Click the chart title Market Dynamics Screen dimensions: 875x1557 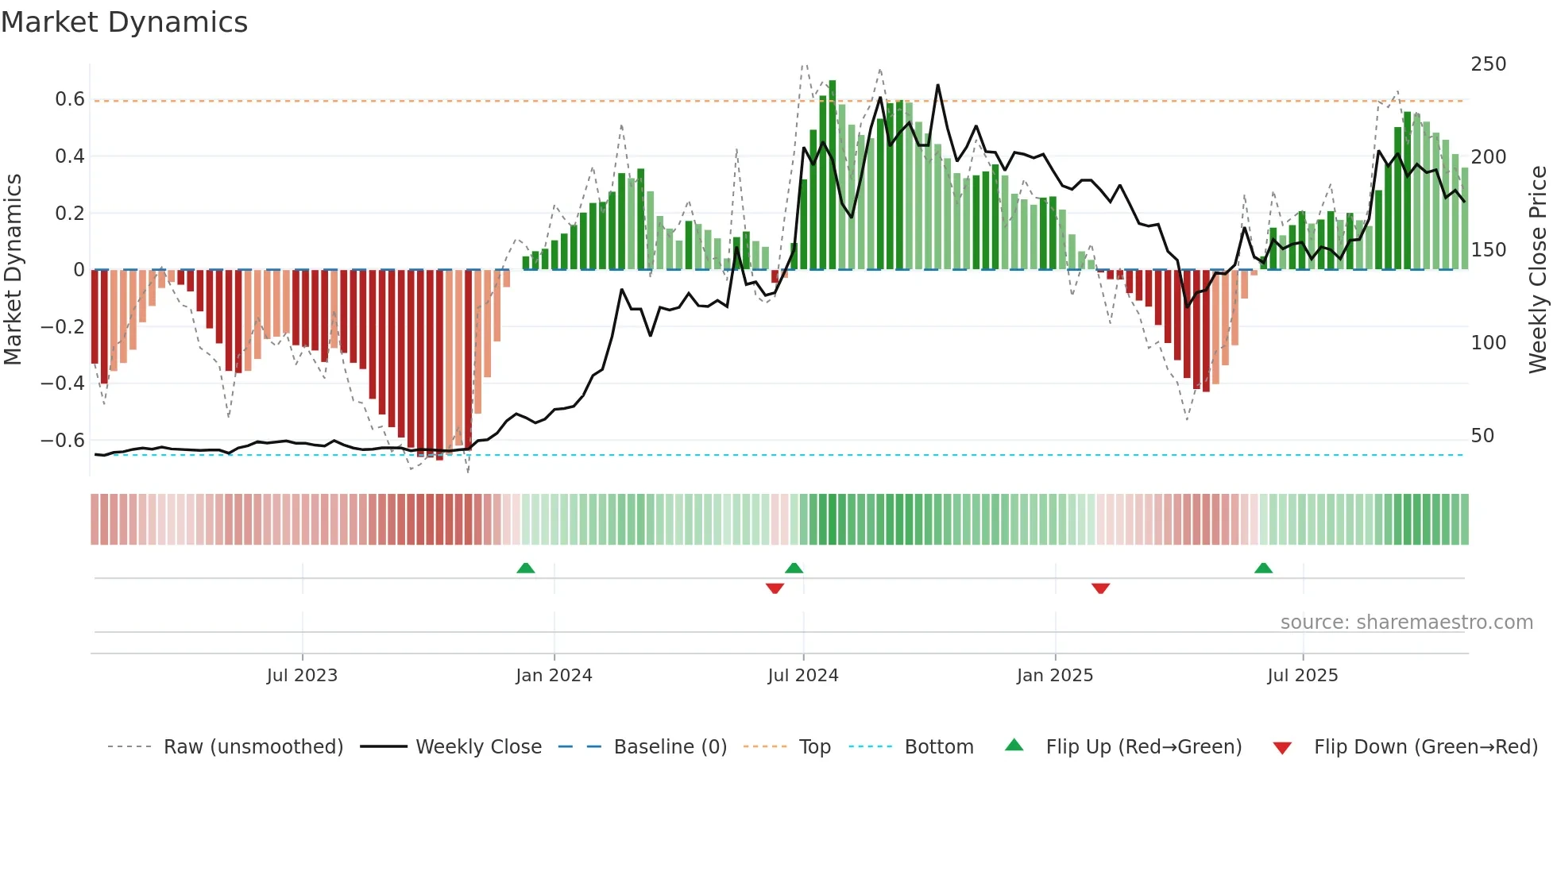[124, 22]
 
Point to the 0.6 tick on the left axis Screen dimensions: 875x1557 [70, 99]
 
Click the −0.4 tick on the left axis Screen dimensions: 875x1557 [63, 384]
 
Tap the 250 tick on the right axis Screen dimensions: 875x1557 [1488, 64]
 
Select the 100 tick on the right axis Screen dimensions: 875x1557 [1488, 343]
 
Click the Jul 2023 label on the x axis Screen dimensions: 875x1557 [302, 676]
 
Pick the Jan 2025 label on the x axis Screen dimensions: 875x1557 [1054, 676]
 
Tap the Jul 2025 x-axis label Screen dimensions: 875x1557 [1302, 676]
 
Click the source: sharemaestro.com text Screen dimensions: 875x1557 [1406, 623]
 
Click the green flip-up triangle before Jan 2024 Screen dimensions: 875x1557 [525, 568]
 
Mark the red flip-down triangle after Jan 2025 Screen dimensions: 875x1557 [1100, 588]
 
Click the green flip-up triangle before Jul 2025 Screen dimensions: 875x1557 [1263, 568]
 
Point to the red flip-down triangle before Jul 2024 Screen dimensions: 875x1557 [775, 588]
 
